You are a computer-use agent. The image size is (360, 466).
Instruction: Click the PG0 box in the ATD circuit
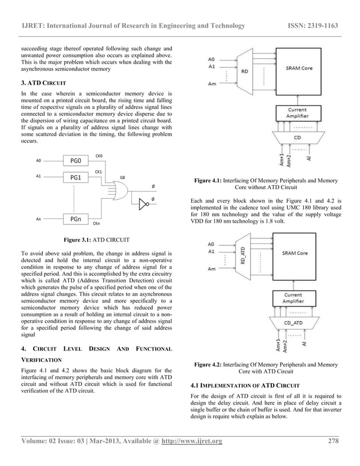tap(76, 160)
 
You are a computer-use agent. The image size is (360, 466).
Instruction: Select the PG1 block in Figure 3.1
tap(76, 177)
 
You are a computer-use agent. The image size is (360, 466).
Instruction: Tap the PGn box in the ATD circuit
tap(76, 219)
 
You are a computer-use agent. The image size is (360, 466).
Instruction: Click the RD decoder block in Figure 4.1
tap(244, 72)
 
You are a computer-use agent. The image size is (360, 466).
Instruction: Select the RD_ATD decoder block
tap(243, 259)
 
